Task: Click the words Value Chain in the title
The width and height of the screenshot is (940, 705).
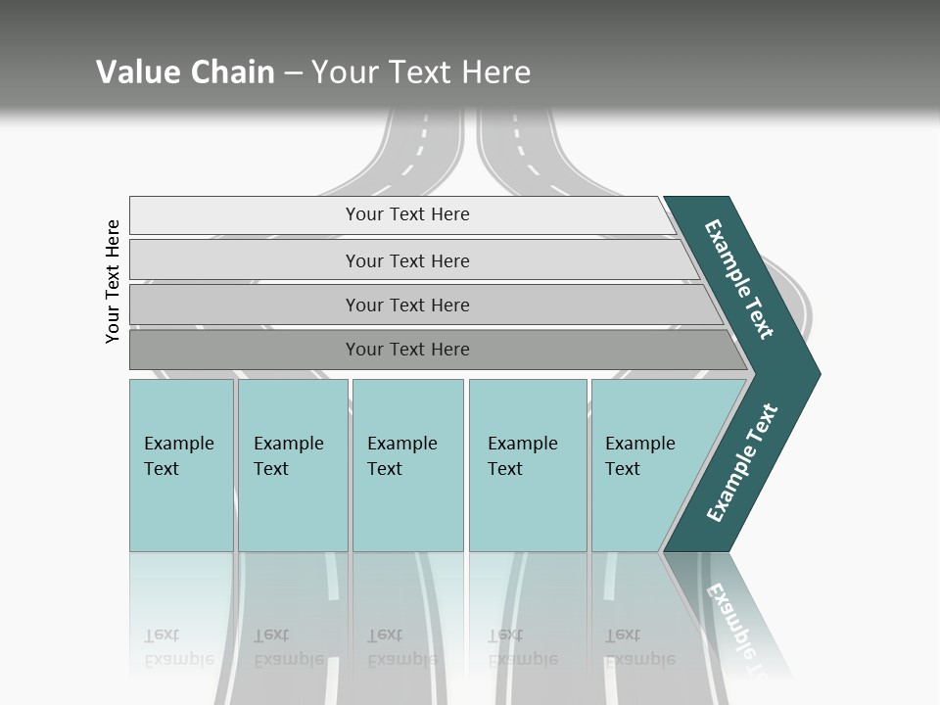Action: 185,72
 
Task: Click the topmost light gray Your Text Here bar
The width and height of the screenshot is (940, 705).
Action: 406,214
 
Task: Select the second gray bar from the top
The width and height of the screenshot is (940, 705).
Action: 406,260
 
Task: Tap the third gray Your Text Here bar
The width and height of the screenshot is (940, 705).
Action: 406,305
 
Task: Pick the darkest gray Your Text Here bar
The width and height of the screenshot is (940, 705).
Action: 406,350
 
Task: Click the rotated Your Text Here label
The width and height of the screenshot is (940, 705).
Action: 114,281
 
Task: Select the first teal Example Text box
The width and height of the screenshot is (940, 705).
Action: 181,465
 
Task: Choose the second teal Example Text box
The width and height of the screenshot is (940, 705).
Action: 293,465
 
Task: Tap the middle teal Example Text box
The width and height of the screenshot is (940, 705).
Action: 407,465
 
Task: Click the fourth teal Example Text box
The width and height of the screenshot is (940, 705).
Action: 528,465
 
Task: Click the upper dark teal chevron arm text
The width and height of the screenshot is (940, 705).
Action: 739,279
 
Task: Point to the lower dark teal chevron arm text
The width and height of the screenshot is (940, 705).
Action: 742,462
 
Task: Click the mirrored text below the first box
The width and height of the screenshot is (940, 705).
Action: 178,647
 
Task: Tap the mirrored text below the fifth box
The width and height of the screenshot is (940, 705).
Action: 639,647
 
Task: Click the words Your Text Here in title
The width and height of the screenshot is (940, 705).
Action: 421,72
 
